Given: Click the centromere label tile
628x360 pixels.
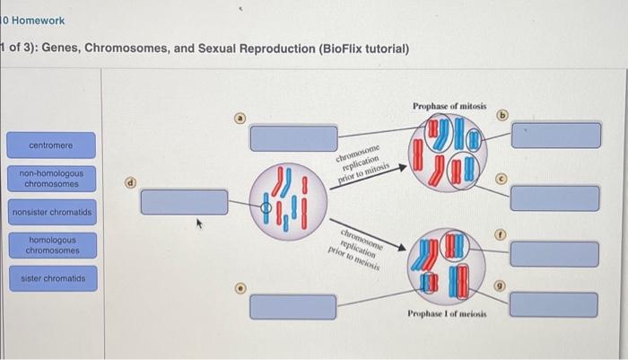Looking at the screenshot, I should point(51,145).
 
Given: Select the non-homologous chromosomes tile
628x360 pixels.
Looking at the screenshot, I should point(51,178).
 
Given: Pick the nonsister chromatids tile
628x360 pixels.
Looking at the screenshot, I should point(51,213).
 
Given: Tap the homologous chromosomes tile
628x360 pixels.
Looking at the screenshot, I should point(51,246).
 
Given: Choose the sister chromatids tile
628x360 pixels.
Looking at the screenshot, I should point(51,279).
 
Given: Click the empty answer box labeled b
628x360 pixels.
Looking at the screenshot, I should point(555,135).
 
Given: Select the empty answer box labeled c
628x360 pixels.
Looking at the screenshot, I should point(555,198).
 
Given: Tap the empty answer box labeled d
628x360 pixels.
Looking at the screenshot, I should point(185,202).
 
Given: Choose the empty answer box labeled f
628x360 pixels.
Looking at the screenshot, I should point(555,253).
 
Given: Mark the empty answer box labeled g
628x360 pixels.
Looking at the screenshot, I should point(555,305).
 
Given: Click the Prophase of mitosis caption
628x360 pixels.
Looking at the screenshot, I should point(449,106).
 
